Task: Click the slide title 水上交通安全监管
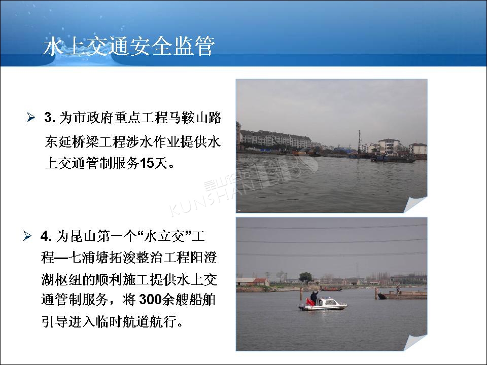(129, 47)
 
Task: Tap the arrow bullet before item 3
(31, 117)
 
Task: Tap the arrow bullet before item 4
(27, 236)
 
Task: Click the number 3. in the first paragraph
(50, 118)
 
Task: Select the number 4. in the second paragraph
(46, 237)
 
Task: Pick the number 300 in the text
(150, 300)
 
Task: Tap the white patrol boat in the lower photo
(323, 304)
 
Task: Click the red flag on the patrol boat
(309, 302)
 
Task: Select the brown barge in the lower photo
(402, 295)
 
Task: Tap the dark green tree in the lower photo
(305, 277)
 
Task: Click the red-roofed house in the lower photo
(262, 282)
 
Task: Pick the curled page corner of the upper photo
(415, 204)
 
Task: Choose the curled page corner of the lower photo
(415, 342)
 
